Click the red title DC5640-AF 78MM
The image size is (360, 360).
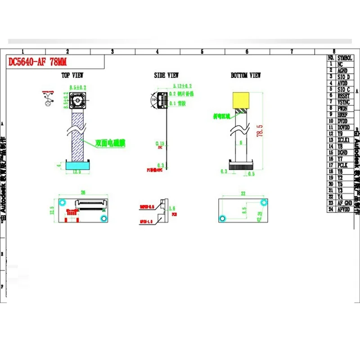38,62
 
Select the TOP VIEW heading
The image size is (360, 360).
72,76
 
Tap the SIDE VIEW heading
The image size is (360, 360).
166,76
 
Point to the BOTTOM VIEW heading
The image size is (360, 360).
246,76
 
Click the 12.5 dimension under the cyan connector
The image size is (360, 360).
78,171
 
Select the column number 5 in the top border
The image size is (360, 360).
202,52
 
